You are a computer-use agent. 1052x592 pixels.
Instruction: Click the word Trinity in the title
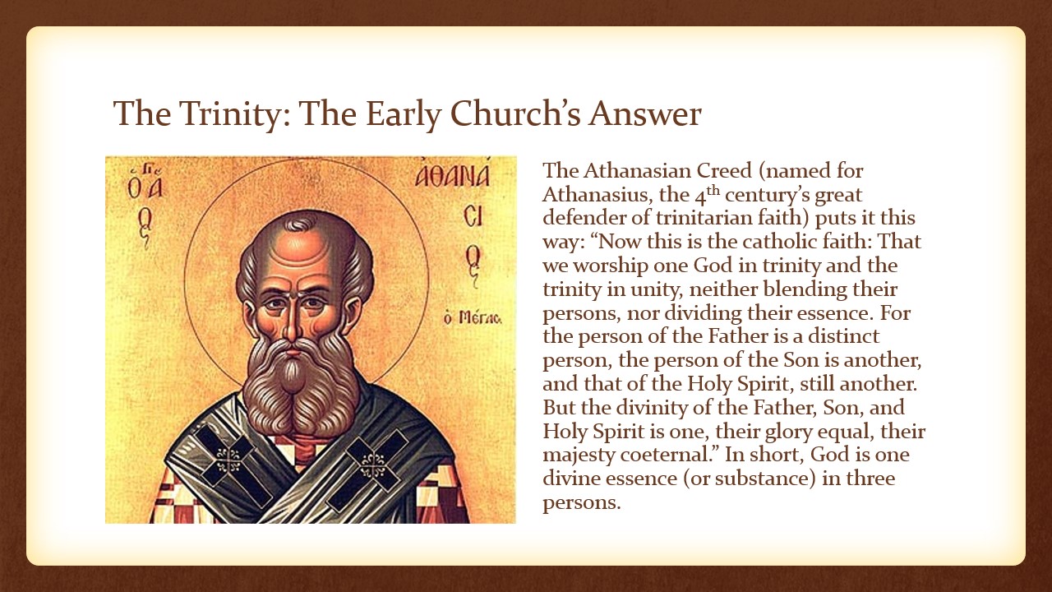(x=229, y=114)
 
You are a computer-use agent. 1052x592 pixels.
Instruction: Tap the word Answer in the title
(x=645, y=113)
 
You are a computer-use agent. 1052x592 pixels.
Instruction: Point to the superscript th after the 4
(x=714, y=191)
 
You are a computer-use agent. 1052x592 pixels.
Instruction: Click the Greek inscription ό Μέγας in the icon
(x=473, y=318)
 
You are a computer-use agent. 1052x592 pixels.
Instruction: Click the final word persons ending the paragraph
(x=582, y=503)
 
